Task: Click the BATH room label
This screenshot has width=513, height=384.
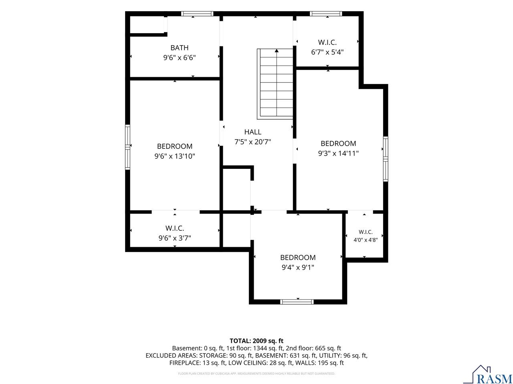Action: [x=179, y=48]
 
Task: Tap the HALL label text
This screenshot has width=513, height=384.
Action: [x=252, y=132]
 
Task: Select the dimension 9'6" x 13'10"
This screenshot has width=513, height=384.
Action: [x=175, y=156]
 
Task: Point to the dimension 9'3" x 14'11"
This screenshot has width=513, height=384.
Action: [x=338, y=153]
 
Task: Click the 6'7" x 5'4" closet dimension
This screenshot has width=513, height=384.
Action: [x=327, y=52]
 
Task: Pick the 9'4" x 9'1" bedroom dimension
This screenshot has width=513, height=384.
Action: [x=298, y=267]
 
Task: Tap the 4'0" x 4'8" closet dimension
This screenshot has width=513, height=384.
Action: [x=366, y=240]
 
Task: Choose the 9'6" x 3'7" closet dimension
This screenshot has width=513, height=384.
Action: [x=175, y=238]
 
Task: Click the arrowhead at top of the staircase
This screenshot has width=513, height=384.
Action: [x=277, y=50]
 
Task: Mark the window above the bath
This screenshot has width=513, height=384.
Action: [x=197, y=14]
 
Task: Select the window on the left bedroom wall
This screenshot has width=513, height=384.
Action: [x=127, y=147]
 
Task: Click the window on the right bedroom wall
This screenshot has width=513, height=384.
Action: [x=386, y=159]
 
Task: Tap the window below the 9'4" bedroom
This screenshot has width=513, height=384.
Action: [x=297, y=302]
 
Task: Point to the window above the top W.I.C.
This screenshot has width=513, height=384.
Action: [x=326, y=14]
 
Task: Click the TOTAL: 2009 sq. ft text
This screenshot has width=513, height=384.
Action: [x=256, y=341]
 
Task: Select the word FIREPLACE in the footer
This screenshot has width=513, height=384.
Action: [x=185, y=363]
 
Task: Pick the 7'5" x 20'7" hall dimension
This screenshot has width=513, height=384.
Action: [x=252, y=142]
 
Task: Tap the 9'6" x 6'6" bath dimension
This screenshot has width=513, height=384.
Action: [x=179, y=58]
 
